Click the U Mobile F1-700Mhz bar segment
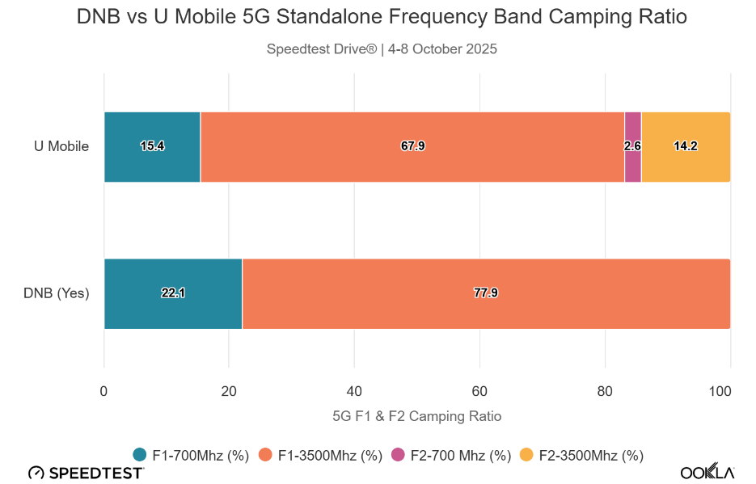click(152, 147)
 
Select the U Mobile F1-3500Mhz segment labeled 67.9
click(412, 147)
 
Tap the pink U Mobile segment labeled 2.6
click(633, 147)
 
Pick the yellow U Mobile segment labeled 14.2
click(686, 147)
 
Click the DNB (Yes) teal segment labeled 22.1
click(173, 294)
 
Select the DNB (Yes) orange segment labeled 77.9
click(487, 294)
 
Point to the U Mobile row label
click(61, 146)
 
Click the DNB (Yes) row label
click(57, 293)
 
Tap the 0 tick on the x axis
click(103, 391)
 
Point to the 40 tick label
click(354, 391)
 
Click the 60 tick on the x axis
click(479, 391)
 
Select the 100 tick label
click(720, 391)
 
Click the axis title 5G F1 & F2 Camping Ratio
click(417, 416)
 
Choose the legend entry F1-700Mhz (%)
click(191, 455)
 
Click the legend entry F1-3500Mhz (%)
click(321, 455)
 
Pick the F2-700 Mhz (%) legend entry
click(451, 455)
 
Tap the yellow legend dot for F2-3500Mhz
click(526, 455)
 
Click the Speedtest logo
click(86, 473)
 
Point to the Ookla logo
click(707, 472)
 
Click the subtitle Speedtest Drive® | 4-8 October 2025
click(382, 49)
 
